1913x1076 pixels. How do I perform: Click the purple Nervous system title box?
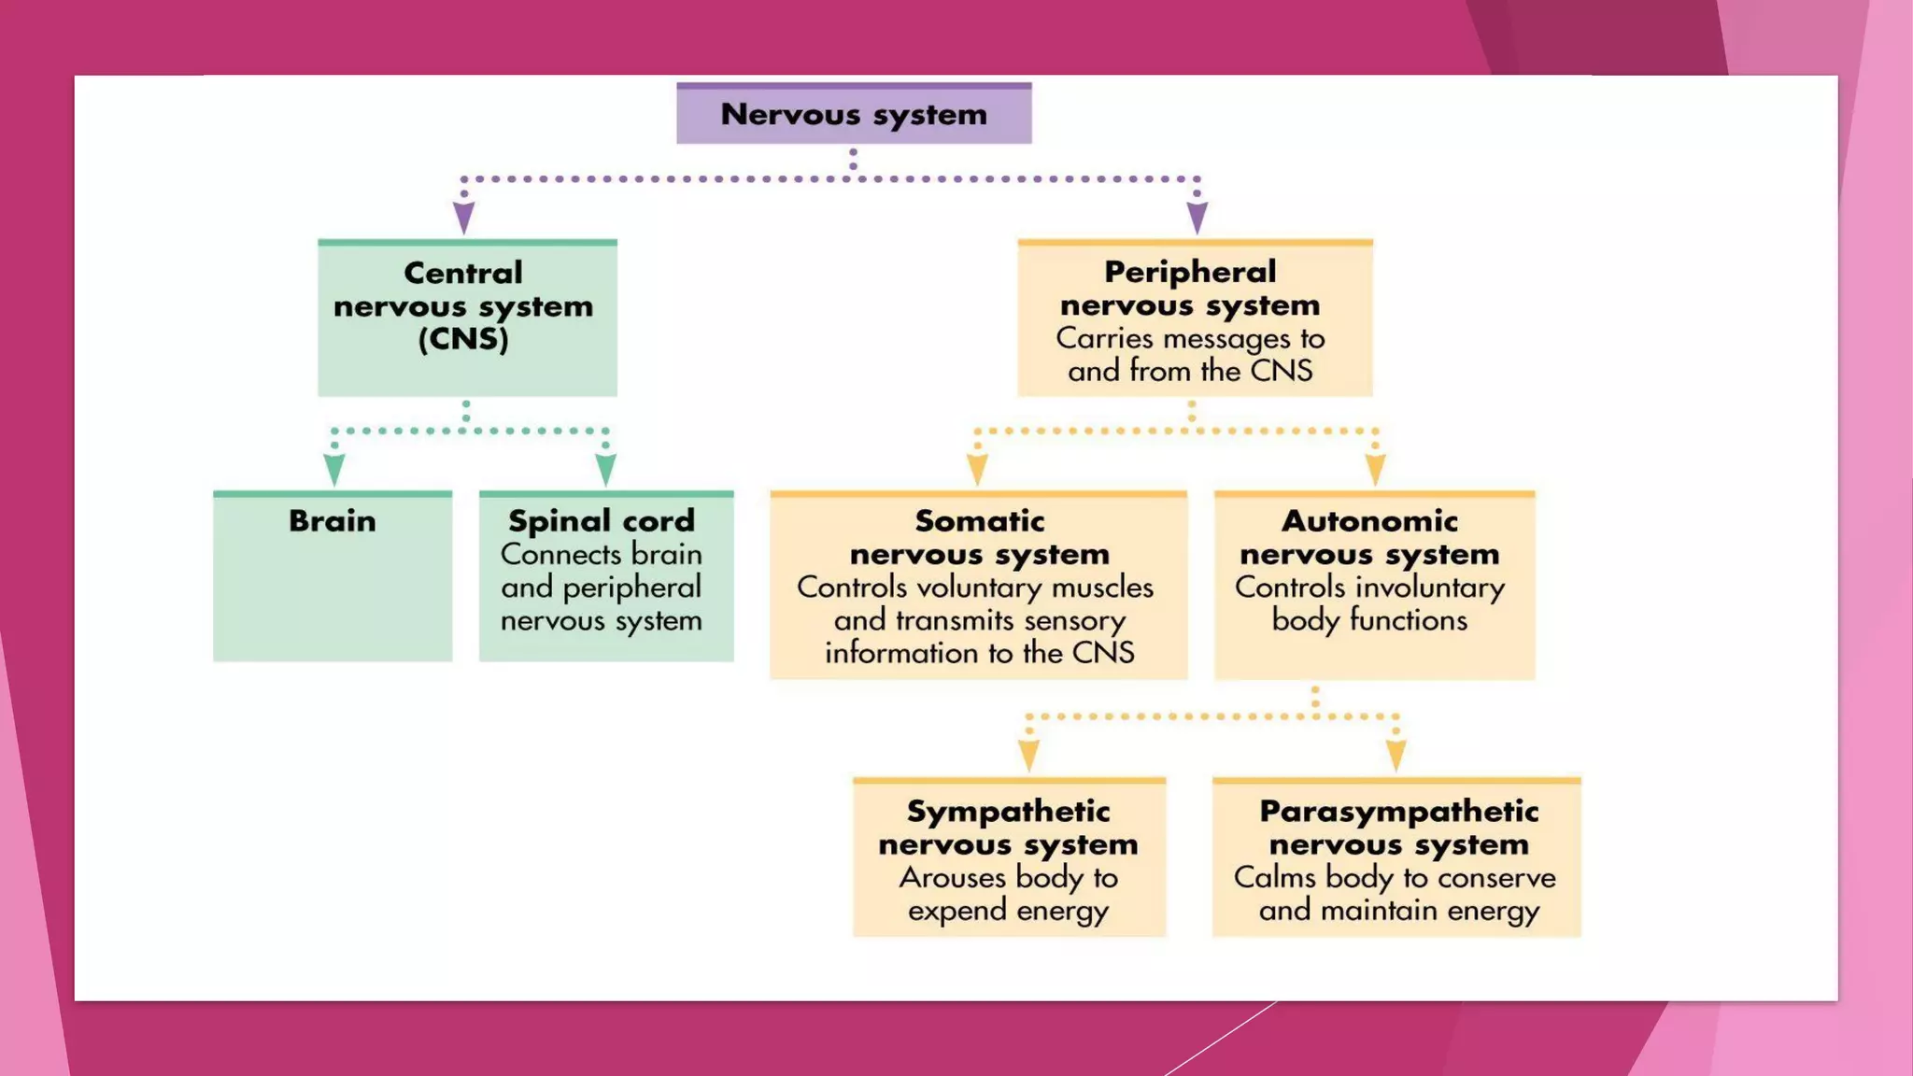tap(854, 114)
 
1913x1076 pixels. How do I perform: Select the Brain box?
tap(333, 575)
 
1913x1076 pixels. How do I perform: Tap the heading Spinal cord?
tap(602, 520)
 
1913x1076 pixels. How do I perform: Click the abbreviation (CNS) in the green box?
tap(463, 339)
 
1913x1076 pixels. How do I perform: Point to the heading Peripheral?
tap(1190, 272)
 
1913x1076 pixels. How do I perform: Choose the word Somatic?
tap(979, 520)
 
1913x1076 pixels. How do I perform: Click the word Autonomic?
tap(1369, 520)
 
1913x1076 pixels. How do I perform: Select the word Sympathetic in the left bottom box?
tap(1008, 811)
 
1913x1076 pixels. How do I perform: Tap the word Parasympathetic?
tap(1398, 811)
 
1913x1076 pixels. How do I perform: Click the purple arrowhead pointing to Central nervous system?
tap(463, 218)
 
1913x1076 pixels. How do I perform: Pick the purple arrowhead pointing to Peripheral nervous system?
tap(1197, 218)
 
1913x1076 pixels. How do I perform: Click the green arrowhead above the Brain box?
tap(334, 469)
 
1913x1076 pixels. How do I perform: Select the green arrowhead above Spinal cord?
tap(606, 469)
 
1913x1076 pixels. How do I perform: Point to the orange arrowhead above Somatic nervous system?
tap(977, 469)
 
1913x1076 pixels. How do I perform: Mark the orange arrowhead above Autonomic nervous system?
tap(1375, 469)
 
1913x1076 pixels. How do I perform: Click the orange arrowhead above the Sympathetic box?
tap(1028, 755)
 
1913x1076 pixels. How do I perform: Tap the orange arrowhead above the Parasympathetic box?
tap(1396, 755)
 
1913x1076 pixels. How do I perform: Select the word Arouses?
tap(952, 878)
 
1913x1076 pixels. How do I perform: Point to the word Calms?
tap(1274, 878)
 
